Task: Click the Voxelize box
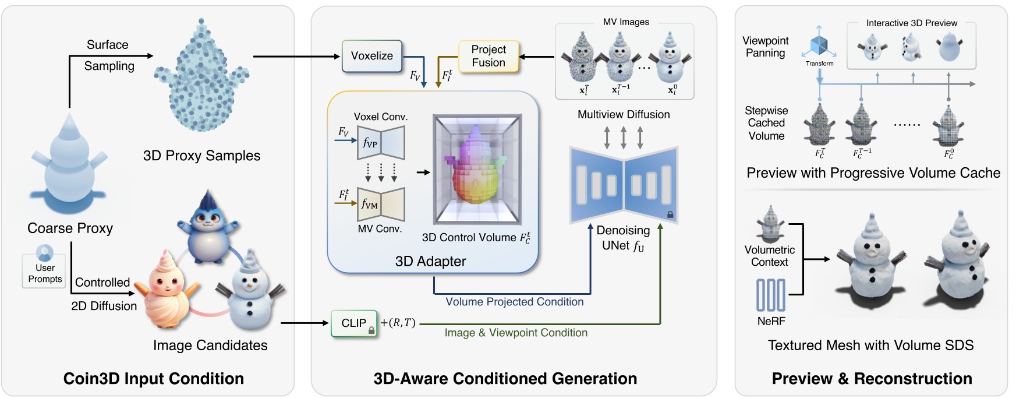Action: point(371,56)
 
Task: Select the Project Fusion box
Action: point(488,56)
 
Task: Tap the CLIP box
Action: point(353,323)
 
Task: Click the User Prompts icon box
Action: point(44,270)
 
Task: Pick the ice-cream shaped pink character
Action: point(167,290)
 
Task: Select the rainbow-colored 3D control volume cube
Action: point(477,168)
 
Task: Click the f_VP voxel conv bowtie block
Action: point(381,143)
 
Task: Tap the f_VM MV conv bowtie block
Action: point(381,204)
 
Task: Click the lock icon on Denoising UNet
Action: point(670,214)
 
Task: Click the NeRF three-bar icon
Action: point(770,295)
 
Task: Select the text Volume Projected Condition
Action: point(514,302)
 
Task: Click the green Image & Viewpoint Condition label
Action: point(516,333)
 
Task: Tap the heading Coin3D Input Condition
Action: point(153,379)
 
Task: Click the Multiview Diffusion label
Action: point(623,115)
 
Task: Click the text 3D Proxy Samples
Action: point(201,156)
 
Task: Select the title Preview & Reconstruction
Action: point(872,379)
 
